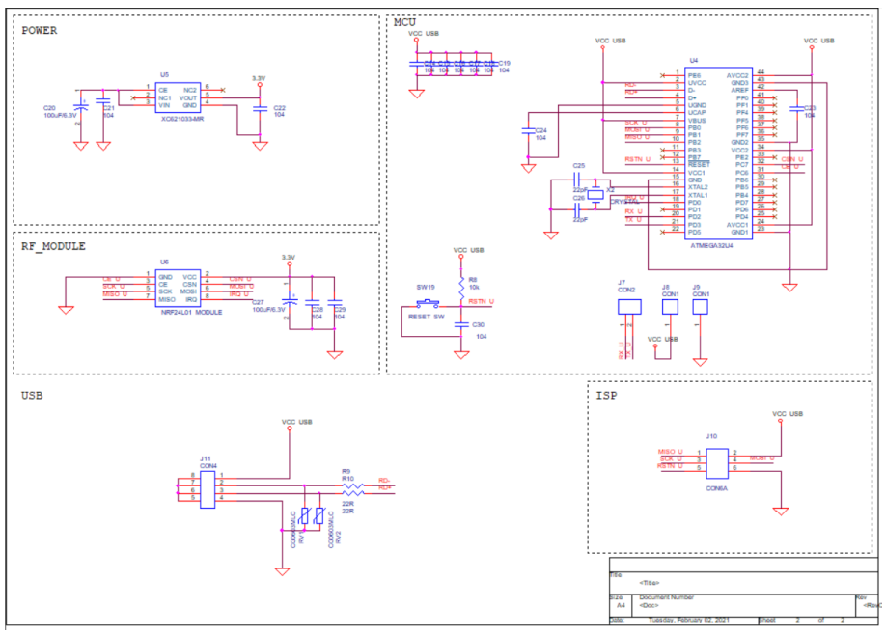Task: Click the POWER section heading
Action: pyautogui.click(x=40, y=30)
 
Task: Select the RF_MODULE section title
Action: pyautogui.click(x=53, y=246)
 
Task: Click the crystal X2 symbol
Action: pyautogui.click(x=596, y=194)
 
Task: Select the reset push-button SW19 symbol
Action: pyautogui.click(x=425, y=306)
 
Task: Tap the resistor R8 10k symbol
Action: pyautogui.click(x=460, y=286)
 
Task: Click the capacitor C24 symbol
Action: pyautogui.click(x=528, y=129)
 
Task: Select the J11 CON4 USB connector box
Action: pyautogui.click(x=208, y=486)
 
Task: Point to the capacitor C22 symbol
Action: pyautogui.click(x=259, y=109)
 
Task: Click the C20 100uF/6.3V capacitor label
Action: pyautogui.click(x=58, y=112)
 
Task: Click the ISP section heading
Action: pyautogui.click(x=606, y=396)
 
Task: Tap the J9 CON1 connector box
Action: pyautogui.click(x=701, y=306)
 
